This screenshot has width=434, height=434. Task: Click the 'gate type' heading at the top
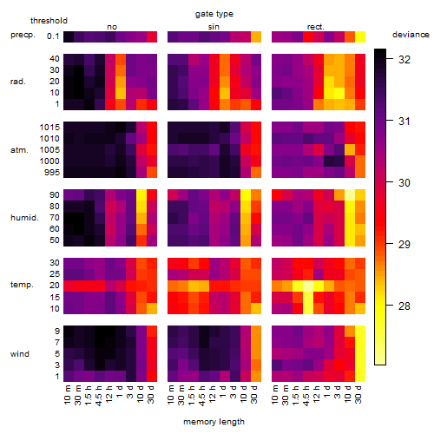coord(214,14)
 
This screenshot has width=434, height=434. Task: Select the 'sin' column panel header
coord(214,27)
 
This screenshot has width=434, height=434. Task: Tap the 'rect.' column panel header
coord(315,27)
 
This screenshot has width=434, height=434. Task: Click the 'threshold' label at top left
coord(49,21)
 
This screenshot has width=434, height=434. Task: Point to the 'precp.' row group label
coord(23,36)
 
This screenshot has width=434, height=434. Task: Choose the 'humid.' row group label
coord(24,217)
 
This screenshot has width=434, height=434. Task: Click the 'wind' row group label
coord(20,353)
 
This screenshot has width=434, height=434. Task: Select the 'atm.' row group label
coord(19,150)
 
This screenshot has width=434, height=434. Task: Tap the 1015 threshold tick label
coord(49,127)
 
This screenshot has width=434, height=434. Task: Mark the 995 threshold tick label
coord(52,172)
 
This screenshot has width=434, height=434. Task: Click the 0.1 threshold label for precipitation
coord(53,36)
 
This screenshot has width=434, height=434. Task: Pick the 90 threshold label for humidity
coord(55,194)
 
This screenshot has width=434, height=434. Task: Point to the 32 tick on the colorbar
coord(404,59)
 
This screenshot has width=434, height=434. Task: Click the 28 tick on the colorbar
coord(404,306)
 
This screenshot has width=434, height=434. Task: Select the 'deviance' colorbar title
coord(411,35)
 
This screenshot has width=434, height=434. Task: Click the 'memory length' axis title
coord(214,422)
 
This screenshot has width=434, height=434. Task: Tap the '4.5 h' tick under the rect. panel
coord(306,395)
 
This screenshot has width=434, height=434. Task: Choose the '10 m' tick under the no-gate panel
coord(67,394)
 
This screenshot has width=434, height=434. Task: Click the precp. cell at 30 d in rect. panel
coord(360,36)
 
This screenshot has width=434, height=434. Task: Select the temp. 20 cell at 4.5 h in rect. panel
coord(308,286)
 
